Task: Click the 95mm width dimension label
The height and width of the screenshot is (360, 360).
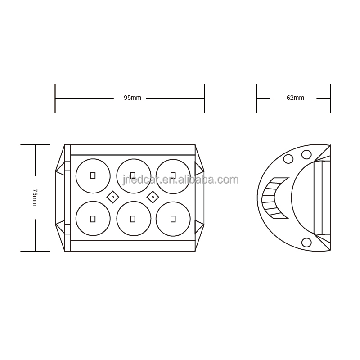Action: point(132,98)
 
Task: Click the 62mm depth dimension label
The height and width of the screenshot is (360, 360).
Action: point(295,98)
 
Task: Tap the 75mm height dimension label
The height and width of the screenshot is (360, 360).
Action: point(35,198)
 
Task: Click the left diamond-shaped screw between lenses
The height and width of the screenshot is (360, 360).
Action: point(113,197)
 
